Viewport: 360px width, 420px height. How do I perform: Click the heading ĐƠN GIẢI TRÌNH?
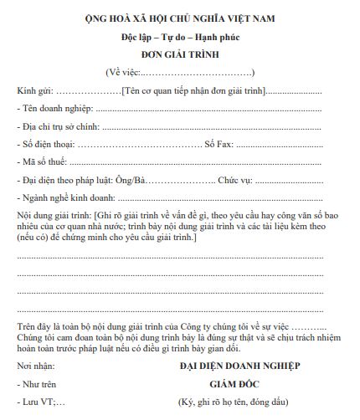pyautogui.click(x=180, y=54)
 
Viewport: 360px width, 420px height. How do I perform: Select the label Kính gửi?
pyautogui.click(x=34, y=90)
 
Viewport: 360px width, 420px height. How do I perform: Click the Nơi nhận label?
pyautogui.click(x=38, y=366)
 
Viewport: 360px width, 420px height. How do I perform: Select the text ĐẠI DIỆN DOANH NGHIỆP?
pyautogui.click(x=239, y=366)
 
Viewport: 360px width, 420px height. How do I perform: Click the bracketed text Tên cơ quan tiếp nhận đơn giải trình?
pyautogui.click(x=193, y=90)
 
